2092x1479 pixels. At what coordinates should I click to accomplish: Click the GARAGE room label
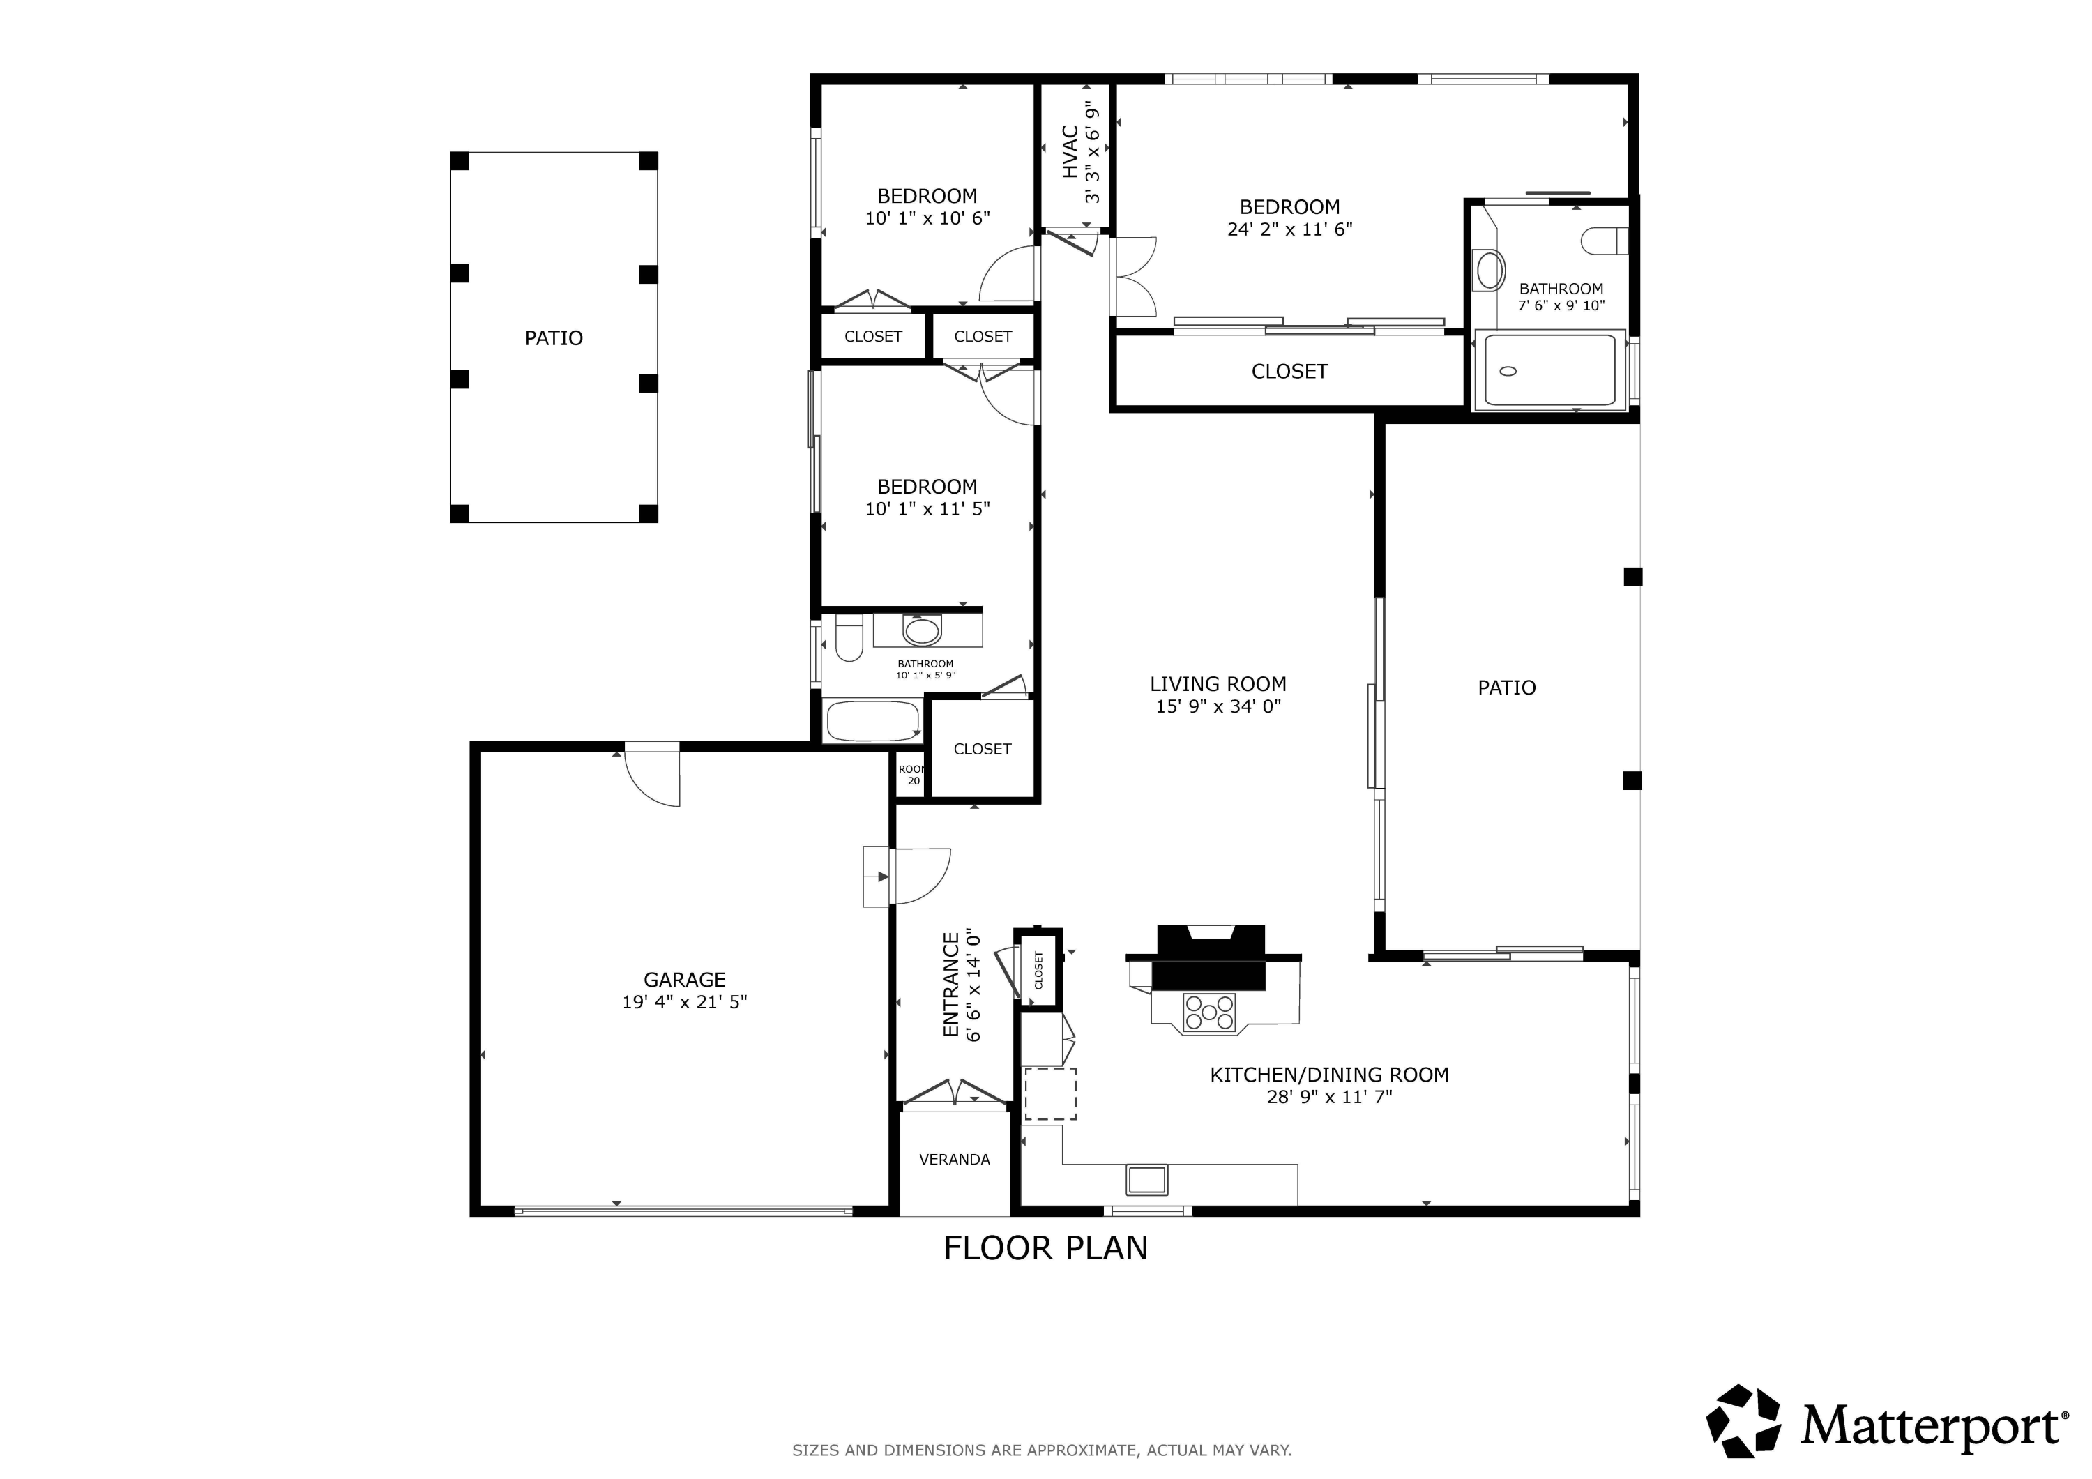coord(684,980)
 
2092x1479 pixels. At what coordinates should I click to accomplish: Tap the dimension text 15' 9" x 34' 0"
coord(1218,706)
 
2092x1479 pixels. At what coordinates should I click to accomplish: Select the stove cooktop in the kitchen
coord(1208,1012)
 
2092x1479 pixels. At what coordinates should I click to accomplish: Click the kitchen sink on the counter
coord(1146,1180)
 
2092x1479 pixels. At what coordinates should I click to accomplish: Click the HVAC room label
coord(1070,151)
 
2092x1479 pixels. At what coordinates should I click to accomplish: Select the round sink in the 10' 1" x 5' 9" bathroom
coord(922,630)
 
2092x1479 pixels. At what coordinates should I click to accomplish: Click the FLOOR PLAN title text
coord(1045,1248)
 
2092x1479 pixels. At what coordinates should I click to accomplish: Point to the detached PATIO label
coord(553,338)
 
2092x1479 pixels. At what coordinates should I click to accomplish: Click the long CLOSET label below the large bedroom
coord(1289,372)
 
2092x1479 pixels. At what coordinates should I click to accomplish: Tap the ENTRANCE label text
coord(951,984)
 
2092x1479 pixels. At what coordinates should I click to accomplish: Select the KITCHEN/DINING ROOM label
coord(1328,1075)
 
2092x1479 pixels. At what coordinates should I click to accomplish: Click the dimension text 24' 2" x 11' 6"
coord(1289,229)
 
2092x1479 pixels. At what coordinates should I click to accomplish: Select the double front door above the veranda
coord(953,1093)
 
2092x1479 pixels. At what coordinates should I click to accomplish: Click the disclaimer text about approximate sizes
coord(1041,1450)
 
